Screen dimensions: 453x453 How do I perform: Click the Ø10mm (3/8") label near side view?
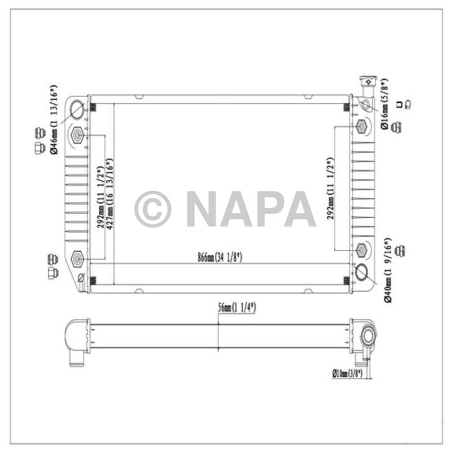348,373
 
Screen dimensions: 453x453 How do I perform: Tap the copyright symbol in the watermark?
153,208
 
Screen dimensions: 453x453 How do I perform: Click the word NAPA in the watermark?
250,208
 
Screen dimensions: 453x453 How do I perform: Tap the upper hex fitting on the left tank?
78,135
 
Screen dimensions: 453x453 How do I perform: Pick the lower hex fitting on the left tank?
78,259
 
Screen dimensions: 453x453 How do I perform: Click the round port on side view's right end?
369,336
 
